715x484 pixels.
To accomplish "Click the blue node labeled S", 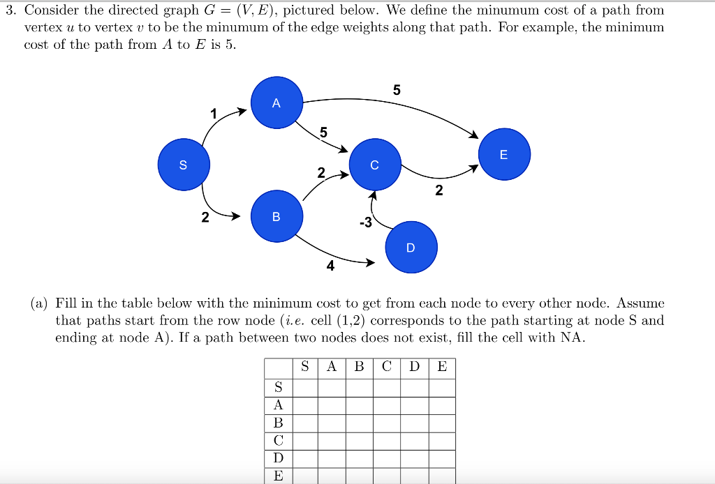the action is click(x=184, y=165).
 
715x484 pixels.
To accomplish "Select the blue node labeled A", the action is click(x=277, y=103).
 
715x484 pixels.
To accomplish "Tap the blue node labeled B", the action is click(x=277, y=216).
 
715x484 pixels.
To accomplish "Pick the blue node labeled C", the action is click(x=375, y=165).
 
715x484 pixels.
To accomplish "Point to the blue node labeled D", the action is click(x=411, y=247).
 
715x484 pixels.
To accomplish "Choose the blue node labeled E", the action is click(x=504, y=154).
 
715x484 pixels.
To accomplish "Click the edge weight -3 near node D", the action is click(x=365, y=223).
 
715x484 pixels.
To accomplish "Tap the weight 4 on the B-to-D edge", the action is click(x=330, y=266).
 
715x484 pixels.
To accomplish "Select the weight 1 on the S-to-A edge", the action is click(x=214, y=114).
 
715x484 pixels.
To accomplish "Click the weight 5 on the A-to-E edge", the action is click(x=397, y=90).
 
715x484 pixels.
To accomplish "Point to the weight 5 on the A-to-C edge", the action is click(x=323, y=132).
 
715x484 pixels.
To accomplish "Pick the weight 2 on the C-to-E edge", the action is click(x=438, y=190).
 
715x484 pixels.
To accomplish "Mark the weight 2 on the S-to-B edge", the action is click(x=205, y=218).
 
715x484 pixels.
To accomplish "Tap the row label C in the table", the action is click(x=278, y=441).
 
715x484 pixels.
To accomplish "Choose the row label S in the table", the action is click(x=278, y=387).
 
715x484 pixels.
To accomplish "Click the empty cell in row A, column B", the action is click(x=359, y=405).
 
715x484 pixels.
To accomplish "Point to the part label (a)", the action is click(x=39, y=303).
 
